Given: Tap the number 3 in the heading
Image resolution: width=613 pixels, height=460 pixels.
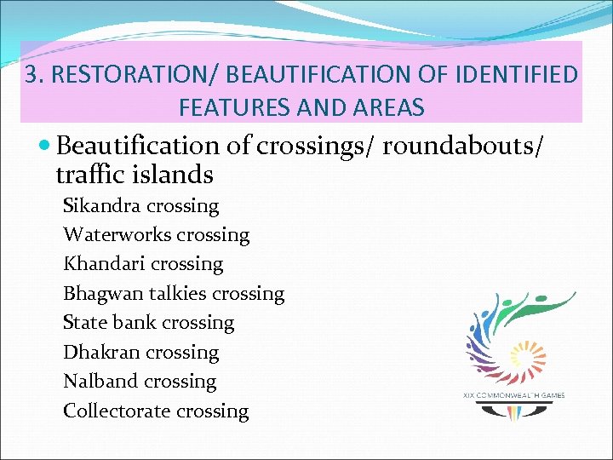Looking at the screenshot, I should [32, 76].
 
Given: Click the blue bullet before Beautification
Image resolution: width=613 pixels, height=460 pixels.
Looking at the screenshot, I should [46, 147].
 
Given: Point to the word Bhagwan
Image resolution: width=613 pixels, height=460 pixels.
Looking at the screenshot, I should [102, 294].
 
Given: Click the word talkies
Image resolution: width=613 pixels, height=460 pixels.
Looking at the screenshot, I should [176, 294].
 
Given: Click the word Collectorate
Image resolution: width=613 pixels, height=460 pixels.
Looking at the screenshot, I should [117, 411].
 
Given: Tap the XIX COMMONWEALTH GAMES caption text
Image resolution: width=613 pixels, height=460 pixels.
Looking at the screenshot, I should [513, 395].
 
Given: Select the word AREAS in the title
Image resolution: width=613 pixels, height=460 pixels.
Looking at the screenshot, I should [387, 108].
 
